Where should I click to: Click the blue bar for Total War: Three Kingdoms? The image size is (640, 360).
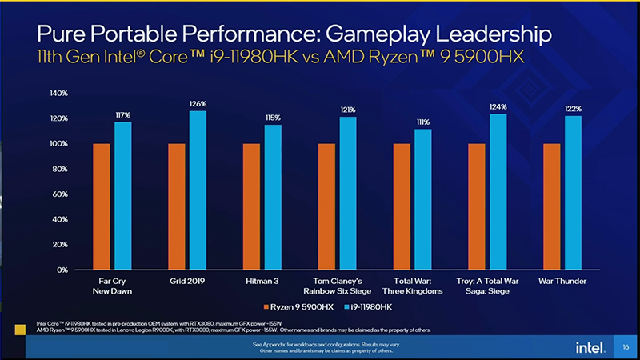(x=423, y=199)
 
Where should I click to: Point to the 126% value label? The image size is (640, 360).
(x=198, y=103)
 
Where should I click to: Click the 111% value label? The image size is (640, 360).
(x=423, y=122)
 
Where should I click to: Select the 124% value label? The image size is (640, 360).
(x=498, y=106)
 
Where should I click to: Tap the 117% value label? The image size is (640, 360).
(x=122, y=115)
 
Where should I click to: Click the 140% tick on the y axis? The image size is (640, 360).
(x=58, y=94)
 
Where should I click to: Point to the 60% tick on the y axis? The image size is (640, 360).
(x=60, y=194)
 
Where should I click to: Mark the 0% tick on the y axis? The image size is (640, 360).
(x=62, y=270)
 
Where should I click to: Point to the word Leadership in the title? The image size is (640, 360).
(x=480, y=34)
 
